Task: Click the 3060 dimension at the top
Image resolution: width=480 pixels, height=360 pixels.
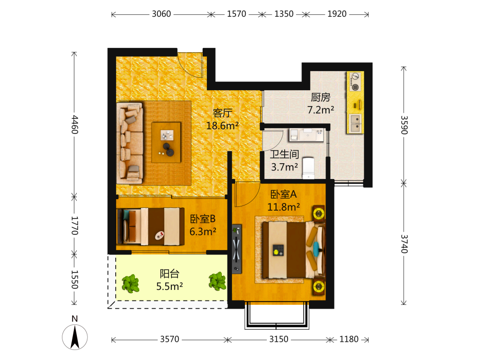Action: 161,14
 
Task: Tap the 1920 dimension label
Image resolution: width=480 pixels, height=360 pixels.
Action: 337,14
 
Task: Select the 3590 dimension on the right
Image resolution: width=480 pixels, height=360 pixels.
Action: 404,125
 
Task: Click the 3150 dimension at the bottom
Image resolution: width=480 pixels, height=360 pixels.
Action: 278,339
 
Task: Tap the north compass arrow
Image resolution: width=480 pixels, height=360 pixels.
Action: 75,337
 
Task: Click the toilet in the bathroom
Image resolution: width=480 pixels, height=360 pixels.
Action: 308,168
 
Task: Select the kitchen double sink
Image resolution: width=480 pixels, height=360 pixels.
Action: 355,123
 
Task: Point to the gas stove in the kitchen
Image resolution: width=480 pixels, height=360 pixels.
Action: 355,82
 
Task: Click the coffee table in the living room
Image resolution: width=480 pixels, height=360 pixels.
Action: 166,143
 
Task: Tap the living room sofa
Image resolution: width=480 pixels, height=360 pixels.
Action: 130,143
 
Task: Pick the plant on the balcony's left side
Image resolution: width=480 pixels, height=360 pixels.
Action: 131,284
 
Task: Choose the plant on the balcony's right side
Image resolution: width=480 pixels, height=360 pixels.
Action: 217,281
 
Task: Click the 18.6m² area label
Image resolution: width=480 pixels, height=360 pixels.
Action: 222,125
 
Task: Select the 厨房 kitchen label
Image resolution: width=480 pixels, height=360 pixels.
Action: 321,97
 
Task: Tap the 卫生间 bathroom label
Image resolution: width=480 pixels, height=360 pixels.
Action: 284,154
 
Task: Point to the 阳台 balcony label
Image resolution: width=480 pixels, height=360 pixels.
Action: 169,274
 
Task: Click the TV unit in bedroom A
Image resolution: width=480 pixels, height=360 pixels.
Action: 237,249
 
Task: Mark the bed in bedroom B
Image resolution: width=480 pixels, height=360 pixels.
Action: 151,227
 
